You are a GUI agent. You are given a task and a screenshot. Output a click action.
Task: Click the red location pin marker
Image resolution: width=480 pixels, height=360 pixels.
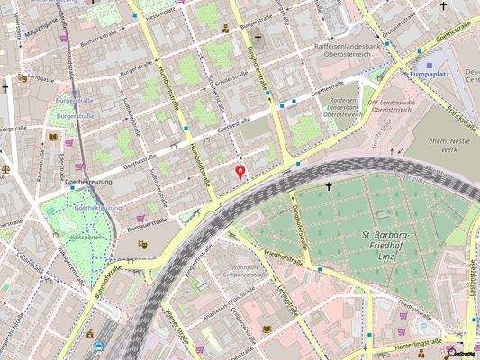click(240, 171)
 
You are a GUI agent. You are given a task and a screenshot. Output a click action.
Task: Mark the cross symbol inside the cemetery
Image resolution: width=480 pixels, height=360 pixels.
click(329, 187)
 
